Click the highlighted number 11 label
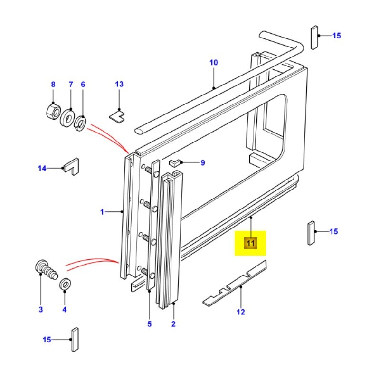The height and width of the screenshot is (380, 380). coord(250,244)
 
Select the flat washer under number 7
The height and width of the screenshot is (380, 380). coord(67,117)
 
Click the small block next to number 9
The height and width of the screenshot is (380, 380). coord(174,163)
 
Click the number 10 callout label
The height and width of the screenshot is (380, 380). coord(213,63)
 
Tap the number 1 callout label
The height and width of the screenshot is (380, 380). coord(102,212)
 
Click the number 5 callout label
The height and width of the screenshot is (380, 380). coord(149,324)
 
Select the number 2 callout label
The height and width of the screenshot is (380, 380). coord(173,324)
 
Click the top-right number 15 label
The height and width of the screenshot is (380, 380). coord(336,36)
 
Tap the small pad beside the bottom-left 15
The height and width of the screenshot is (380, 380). coord(75,339)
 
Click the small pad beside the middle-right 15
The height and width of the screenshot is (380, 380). coord(311,232)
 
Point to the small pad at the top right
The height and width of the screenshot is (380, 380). coord(314,38)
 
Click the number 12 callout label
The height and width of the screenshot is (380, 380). coord(241,312)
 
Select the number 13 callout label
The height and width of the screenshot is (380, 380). coord(119,84)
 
